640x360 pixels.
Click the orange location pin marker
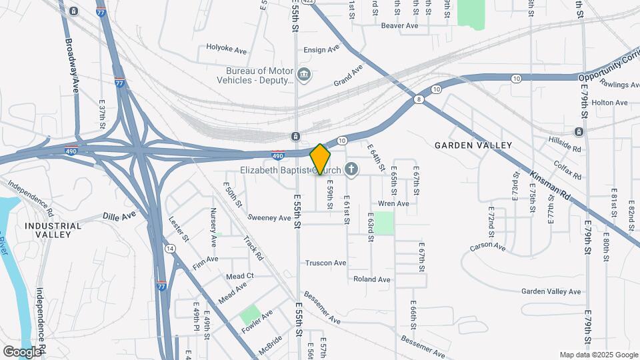pyautogui.click(x=321, y=159)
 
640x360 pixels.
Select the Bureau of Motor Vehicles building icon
pyautogui.click(x=304, y=74)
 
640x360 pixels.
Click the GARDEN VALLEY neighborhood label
pyautogui.click(x=473, y=145)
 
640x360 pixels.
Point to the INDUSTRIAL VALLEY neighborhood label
pyautogui.click(x=53, y=230)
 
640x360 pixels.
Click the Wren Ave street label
pyautogui.click(x=393, y=203)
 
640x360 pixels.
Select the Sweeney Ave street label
pyautogui.click(x=269, y=217)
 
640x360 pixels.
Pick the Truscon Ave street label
pyautogui.click(x=326, y=263)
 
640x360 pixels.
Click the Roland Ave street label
pyautogui.click(x=372, y=279)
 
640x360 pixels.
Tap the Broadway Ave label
pyautogui.click(x=72, y=65)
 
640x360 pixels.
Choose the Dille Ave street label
pyautogui.click(x=119, y=216)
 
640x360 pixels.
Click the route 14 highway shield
pyautogui.click(x=171, y=249)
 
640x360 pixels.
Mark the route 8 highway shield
pyautogui.click(x=418, y=99)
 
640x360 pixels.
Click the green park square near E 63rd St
pyautogui.click(x=383, y=223)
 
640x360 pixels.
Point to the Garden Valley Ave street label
pyautogui.click(x=551, y=291)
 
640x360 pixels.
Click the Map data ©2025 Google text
pyautogui.click(x=598, y=355)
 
